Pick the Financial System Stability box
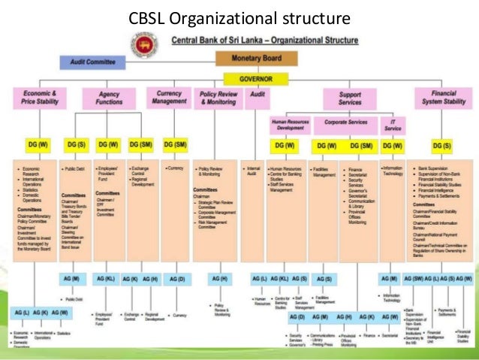pyautogui.click(x=445, y=98)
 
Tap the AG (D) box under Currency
pyautogui.click(x=177, y=279)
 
